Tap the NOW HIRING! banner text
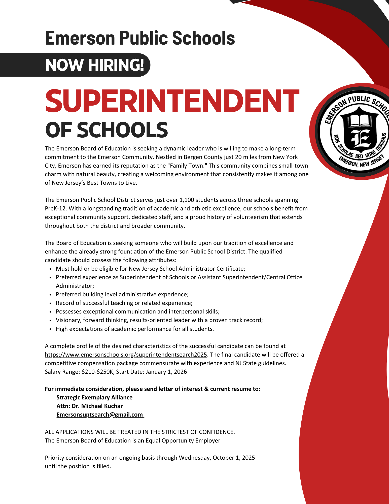click(94, 65)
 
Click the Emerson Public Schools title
click(140, 38)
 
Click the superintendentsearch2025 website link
click(126, 355)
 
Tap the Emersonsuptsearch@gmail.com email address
click(100, 415)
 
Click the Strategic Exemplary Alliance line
click(94, 397)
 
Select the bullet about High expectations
click(135, 329)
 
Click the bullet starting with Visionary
click(159, 320)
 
